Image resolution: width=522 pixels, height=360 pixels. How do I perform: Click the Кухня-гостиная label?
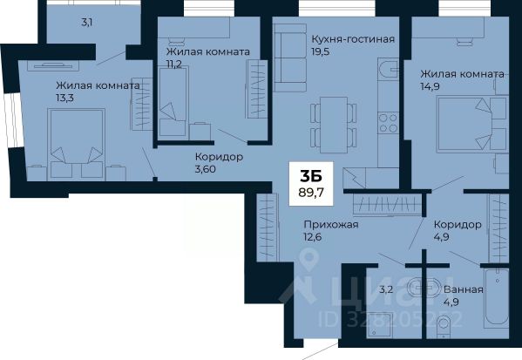[353, 39]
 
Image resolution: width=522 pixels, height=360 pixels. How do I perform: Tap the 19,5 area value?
[320, 52]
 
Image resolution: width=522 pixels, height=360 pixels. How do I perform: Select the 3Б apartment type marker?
[311, 176]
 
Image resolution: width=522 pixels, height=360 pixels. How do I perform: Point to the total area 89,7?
[311, 192]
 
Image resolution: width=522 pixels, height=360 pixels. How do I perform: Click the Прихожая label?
[331, 225]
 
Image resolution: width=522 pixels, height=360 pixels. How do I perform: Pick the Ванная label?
[463, 289]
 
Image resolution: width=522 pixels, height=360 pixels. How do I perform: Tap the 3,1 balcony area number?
[87, 23]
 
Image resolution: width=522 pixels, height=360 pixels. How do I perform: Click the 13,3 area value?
[64, 98]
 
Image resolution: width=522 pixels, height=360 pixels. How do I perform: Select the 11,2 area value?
[174, 65]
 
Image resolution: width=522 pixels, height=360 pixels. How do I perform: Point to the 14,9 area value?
[430, 86]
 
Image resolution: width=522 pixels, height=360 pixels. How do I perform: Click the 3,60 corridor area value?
[206, 169]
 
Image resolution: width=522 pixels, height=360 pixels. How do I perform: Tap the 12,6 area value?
[313, 237]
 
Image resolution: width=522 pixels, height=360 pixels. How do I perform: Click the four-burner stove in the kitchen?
[388, 123]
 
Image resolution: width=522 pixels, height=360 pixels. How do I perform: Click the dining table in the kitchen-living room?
[334, 125]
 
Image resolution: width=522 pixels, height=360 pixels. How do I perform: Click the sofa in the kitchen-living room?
[290, 58]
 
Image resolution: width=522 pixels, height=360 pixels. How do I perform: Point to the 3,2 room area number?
[386, 289]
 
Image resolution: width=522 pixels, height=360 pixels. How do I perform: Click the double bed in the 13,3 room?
[76, 144]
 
